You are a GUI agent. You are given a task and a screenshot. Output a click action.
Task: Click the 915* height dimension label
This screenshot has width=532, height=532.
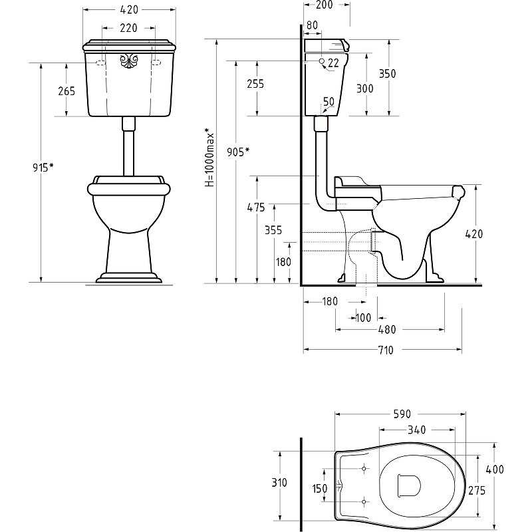(43, 168)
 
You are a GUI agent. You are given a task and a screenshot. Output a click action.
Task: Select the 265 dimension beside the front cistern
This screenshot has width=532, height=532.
(66, 91)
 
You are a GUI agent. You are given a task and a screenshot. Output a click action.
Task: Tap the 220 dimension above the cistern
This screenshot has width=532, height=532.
(128, 28)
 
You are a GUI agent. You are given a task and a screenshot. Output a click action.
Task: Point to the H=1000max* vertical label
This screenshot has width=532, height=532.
(209, 157)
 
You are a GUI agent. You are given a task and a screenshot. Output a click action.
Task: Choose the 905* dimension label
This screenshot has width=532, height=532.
(238, 152)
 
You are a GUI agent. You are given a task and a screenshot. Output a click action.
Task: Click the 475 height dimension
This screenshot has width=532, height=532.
(256, 207)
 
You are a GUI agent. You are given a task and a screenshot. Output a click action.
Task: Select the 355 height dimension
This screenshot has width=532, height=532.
(273, 230)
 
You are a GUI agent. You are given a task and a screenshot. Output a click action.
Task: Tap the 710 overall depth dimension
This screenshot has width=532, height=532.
(386, 350)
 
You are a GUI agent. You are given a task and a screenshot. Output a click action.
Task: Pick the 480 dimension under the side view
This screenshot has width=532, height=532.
(387, 329)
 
